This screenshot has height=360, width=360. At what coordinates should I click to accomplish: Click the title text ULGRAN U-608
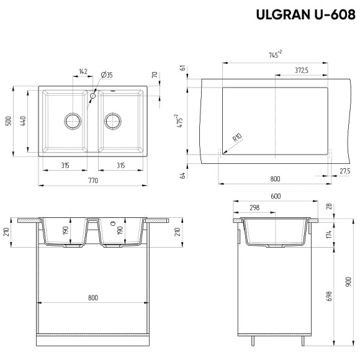305,14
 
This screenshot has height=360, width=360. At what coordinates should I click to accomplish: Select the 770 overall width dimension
93,180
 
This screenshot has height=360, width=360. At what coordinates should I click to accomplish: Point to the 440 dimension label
23,120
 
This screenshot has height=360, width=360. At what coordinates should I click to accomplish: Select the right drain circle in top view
114,120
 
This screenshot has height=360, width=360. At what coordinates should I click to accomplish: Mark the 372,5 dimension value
302,71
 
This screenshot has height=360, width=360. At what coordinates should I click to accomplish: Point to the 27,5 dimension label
344,171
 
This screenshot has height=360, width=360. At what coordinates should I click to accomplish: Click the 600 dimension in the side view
276,196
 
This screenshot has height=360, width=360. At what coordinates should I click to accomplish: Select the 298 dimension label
254,207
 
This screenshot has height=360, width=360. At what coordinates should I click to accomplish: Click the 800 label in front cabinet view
93,299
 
